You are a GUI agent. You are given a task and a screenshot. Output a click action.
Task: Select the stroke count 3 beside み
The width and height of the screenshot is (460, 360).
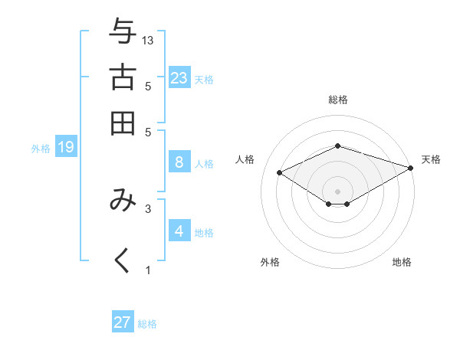tap(149, 208)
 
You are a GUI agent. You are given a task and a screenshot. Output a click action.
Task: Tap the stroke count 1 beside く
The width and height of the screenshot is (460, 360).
tap(149, 270)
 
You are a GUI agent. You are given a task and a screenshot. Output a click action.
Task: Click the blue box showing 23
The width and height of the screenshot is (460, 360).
tap(179, 77)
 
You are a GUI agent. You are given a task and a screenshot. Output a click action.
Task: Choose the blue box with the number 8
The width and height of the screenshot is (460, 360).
tap(179, 162)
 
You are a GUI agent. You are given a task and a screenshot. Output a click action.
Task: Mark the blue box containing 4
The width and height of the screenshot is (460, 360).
tap(179, 231)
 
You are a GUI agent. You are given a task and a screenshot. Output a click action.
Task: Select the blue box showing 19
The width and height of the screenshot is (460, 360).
tap(65, 147)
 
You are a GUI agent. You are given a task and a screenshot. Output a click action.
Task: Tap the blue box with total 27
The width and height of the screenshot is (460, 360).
tap(123, 322)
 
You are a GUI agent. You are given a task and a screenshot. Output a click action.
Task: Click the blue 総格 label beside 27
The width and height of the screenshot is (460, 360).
tap(147, 324)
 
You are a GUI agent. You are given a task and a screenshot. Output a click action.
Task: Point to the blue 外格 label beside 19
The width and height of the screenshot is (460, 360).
tap(40, 149)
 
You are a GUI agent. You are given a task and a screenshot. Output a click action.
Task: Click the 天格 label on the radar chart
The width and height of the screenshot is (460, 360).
tap(431, 159)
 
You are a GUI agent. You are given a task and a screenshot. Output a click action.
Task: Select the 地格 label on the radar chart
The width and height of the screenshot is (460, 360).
tap(402, 262)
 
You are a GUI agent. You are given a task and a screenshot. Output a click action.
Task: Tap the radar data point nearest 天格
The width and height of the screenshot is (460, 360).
tap(411, 168)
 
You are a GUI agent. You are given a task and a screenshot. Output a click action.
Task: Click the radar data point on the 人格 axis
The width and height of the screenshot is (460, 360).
tap(279, 172)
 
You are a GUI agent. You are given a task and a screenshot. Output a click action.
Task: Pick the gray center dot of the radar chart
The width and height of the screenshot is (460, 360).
tap(337, 191)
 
